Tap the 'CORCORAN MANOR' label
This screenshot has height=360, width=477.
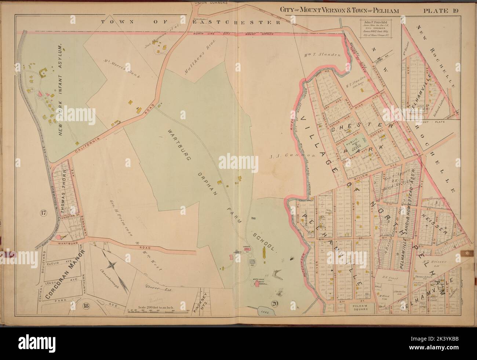point(64,274)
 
